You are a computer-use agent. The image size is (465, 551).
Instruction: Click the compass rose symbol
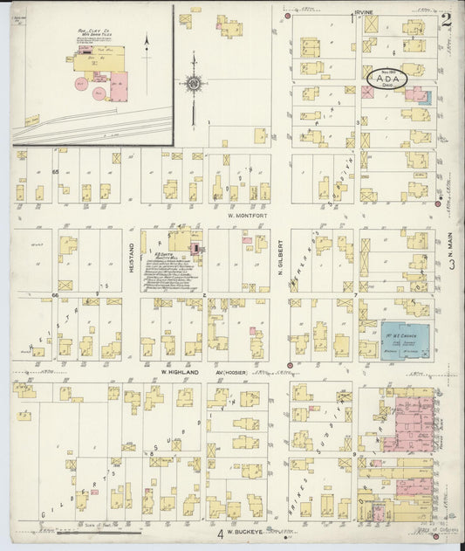coord(192,84)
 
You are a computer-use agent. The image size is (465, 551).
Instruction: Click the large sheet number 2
coord(446,19)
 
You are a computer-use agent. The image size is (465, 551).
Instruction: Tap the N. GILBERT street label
coord(281,254)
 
